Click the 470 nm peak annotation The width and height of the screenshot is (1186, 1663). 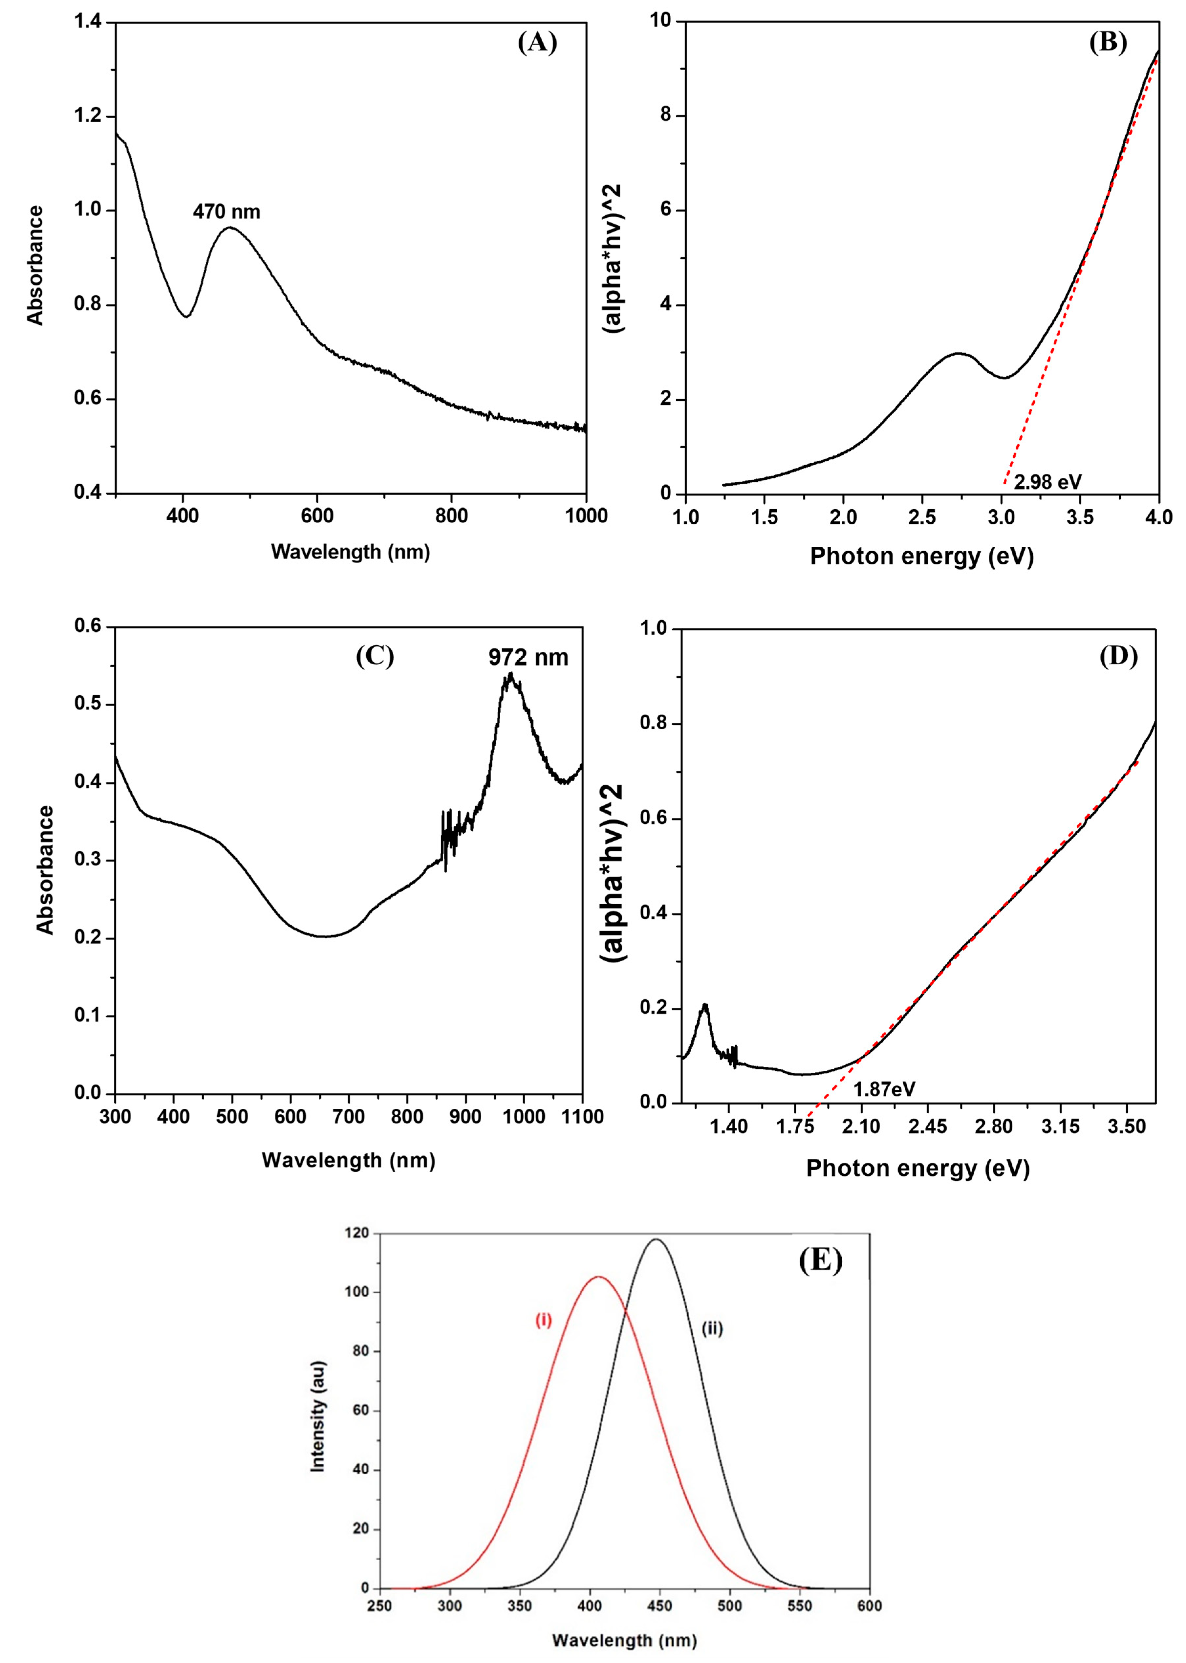tap(226, 212)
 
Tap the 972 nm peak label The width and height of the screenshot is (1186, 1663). tap(528, 657)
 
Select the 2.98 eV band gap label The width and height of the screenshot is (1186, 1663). tap(1047, 482)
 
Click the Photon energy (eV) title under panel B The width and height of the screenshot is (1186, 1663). tap(922, 557)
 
